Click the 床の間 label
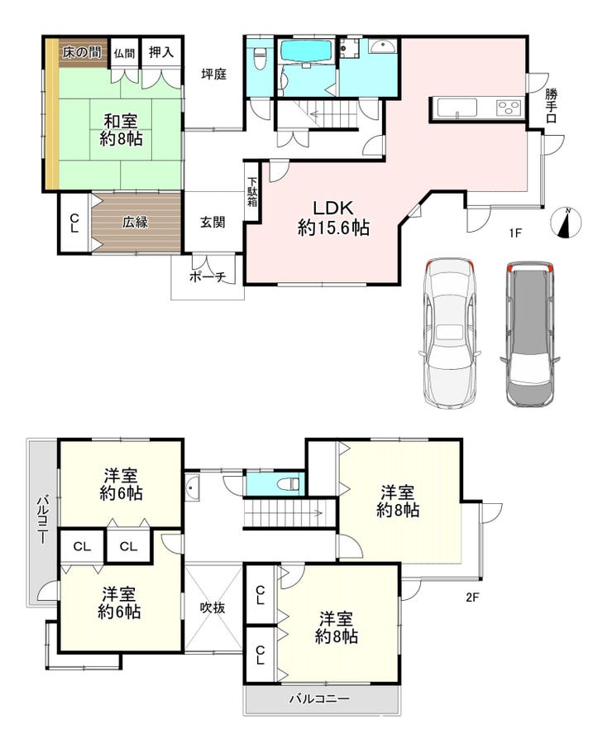[x=82, y=52]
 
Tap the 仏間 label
[x=124, y=54]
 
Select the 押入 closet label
[x=161, y=52]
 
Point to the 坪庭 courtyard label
[x=213, y=74]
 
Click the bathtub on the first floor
[x=307, y=51]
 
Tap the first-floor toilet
[x=260, y=58]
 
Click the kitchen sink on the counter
[x=457, y=108]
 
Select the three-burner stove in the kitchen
[x=509, y=108]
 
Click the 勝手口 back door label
[x=552, y=106]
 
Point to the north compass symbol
[x=566, y=223]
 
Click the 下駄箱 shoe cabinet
[x=252, y=192]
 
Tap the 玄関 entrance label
[x=213, y=222]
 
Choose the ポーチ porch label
[x=208, y=276]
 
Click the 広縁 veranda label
[x=135, y=222]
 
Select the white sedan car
[x=450, y=334]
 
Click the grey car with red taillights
[x=530, y=334]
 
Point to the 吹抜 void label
[x=213, y=607]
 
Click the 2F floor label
[x=471, y=597]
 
